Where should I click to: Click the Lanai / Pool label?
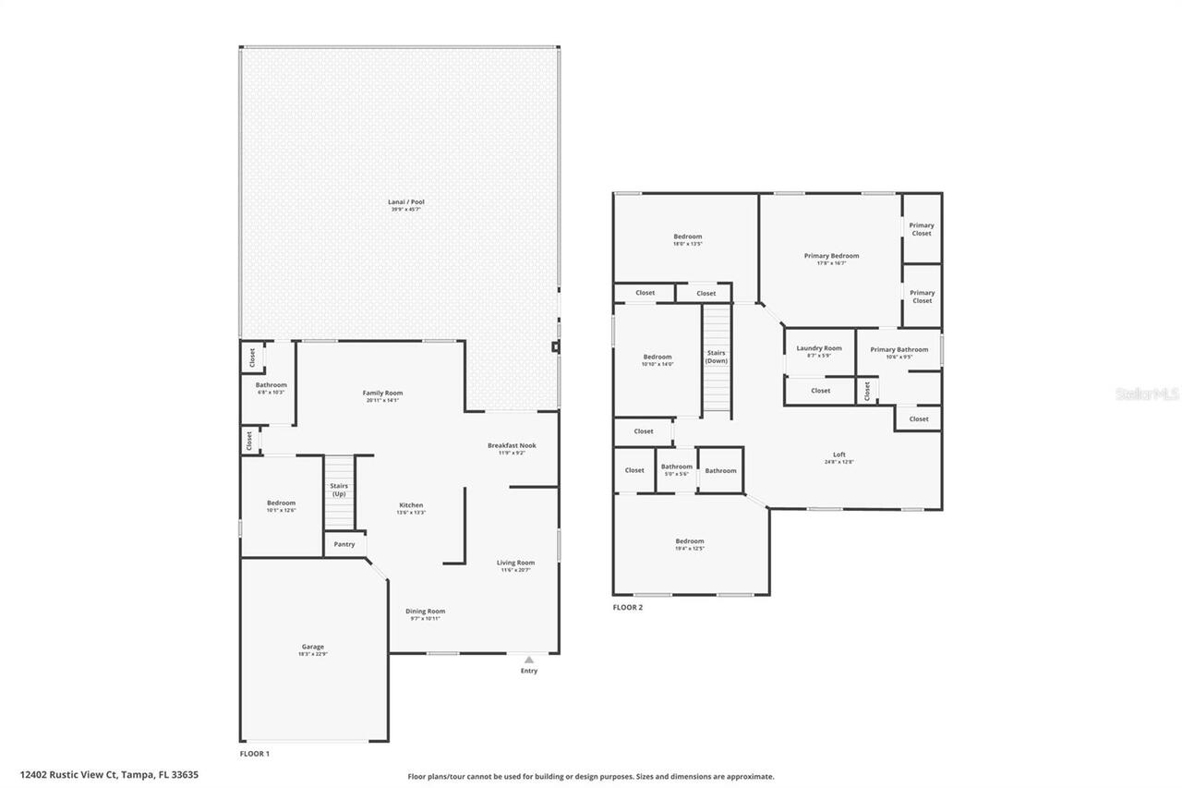pyautogui.click(x=406, y=201)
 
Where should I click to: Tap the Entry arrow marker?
pyautogui.click(x=529, y=660)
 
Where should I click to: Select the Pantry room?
pyautogui.click(x=344, y=544)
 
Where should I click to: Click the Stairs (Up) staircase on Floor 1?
pyautogui.click(x=339, y=491)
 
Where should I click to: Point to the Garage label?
pyautogui.click(x=313, y=647)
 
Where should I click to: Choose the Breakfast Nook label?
pyautogui.click(x=512, y=445)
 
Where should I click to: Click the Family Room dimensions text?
pyautogui.click(x=382, y=400)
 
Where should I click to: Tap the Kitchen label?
pyautogui.click(x=411, y=504)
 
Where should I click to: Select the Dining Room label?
pyautogui.click(x=425, y=611)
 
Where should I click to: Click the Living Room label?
pyautogui.click(x=515, y=563)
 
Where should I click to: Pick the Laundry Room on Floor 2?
pyautogui.click(x=819, y=351)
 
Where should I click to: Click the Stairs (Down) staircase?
pyautogui.click(x=717, y=358)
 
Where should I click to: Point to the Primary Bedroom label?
pyautogui.click(x=831, y=256)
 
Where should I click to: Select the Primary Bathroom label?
pyautogui.click(x=899, y=349)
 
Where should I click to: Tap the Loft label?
pyautogui.click(x=839, y=454)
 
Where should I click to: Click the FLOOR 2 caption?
pyautogui.click(x=627, y=607)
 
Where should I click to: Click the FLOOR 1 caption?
pyautogui.click(x=255, y=754)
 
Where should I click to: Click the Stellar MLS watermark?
pyautogui.click(x=1147, y=394)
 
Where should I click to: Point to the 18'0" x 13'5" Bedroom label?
pyautogui.click(x=688, y=236)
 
